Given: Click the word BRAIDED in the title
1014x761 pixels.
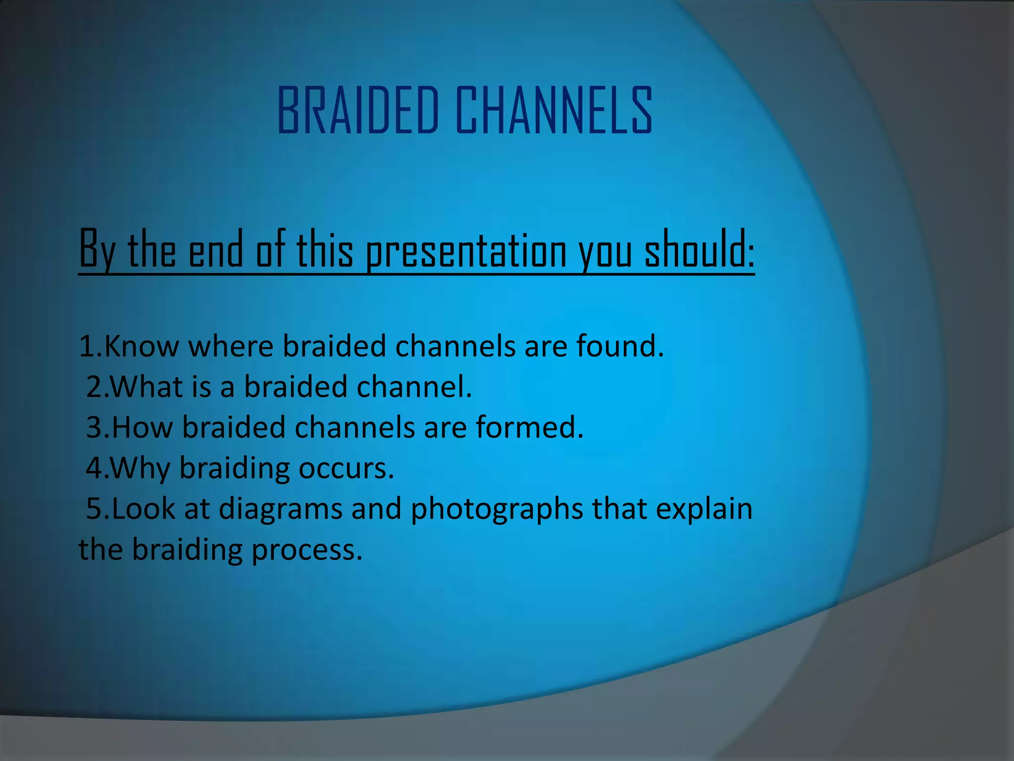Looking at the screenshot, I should (x=358, y=110).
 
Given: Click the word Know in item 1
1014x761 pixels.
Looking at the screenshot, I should (x=142, y=346).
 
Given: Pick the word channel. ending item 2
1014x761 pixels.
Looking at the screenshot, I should (x=414, y=387).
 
